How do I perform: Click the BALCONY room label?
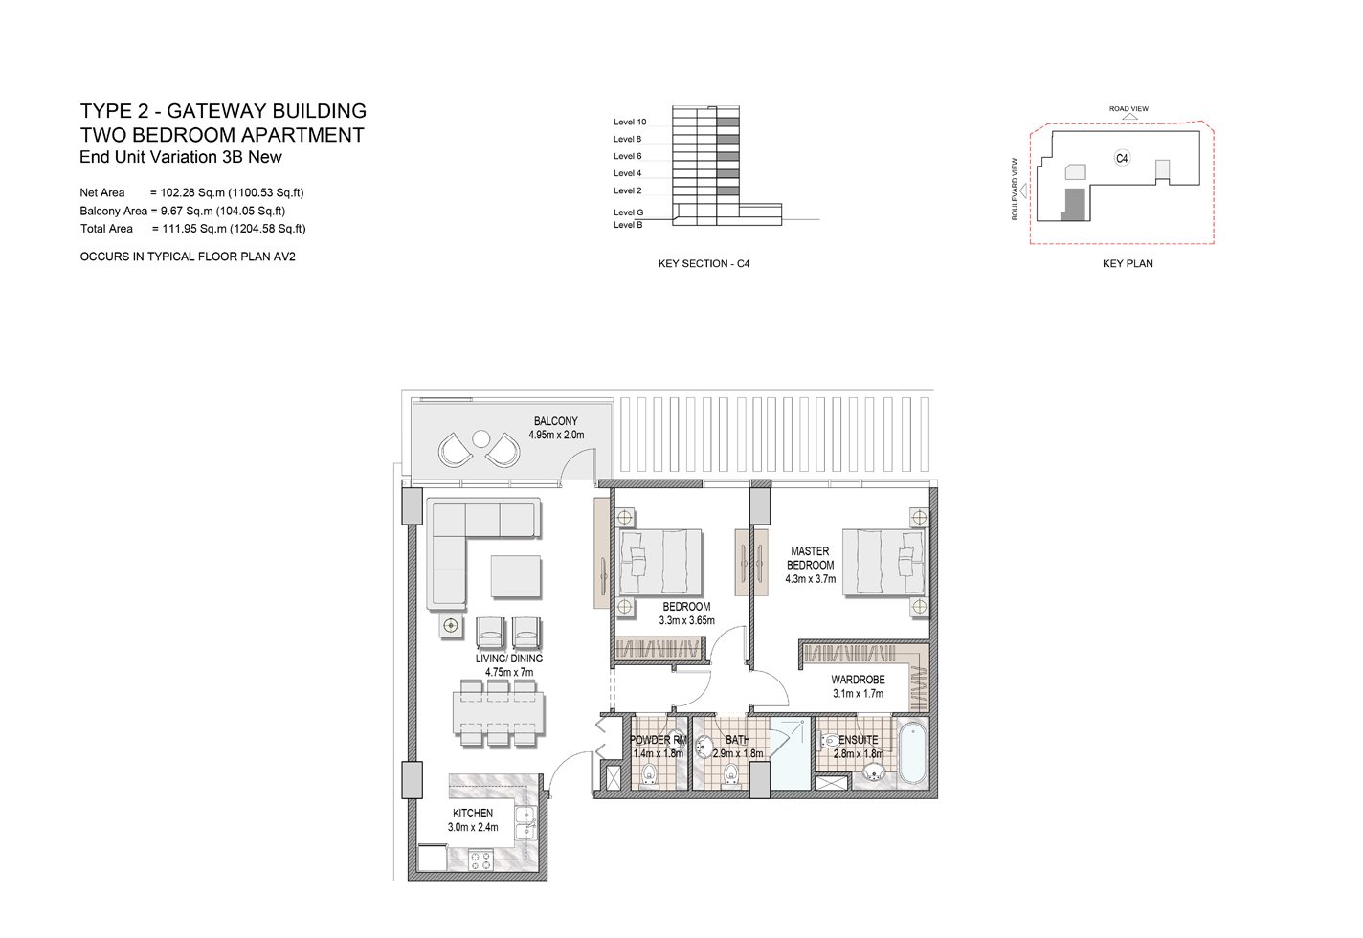(x=555, y=421)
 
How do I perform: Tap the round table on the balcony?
(x=481, y=438)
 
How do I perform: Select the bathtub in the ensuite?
(x=913, y=753)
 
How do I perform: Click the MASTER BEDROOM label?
(x=810, y=558)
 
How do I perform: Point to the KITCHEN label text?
(x=473, y=814)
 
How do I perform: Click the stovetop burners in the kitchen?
(x=480, y=861)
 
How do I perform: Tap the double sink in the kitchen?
(x=525, y=823)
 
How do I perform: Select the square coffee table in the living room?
(x=516, y=576)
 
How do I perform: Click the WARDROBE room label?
(x=858, y=680)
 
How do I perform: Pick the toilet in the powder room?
(x=649, y=774)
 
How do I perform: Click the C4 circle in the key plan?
(x=1122, y=158)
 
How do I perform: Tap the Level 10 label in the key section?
(x=630, y=122)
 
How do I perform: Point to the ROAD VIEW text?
(x=1128, y=109)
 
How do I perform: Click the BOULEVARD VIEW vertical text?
(x=1015, y=190)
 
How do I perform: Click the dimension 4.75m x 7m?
(x=509, y=672)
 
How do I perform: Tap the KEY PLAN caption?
(x=1128, y=263)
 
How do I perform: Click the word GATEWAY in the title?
(x=216, y=111)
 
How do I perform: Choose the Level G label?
(x=629, y=212)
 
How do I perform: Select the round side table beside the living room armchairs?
(x=450, y=625)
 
